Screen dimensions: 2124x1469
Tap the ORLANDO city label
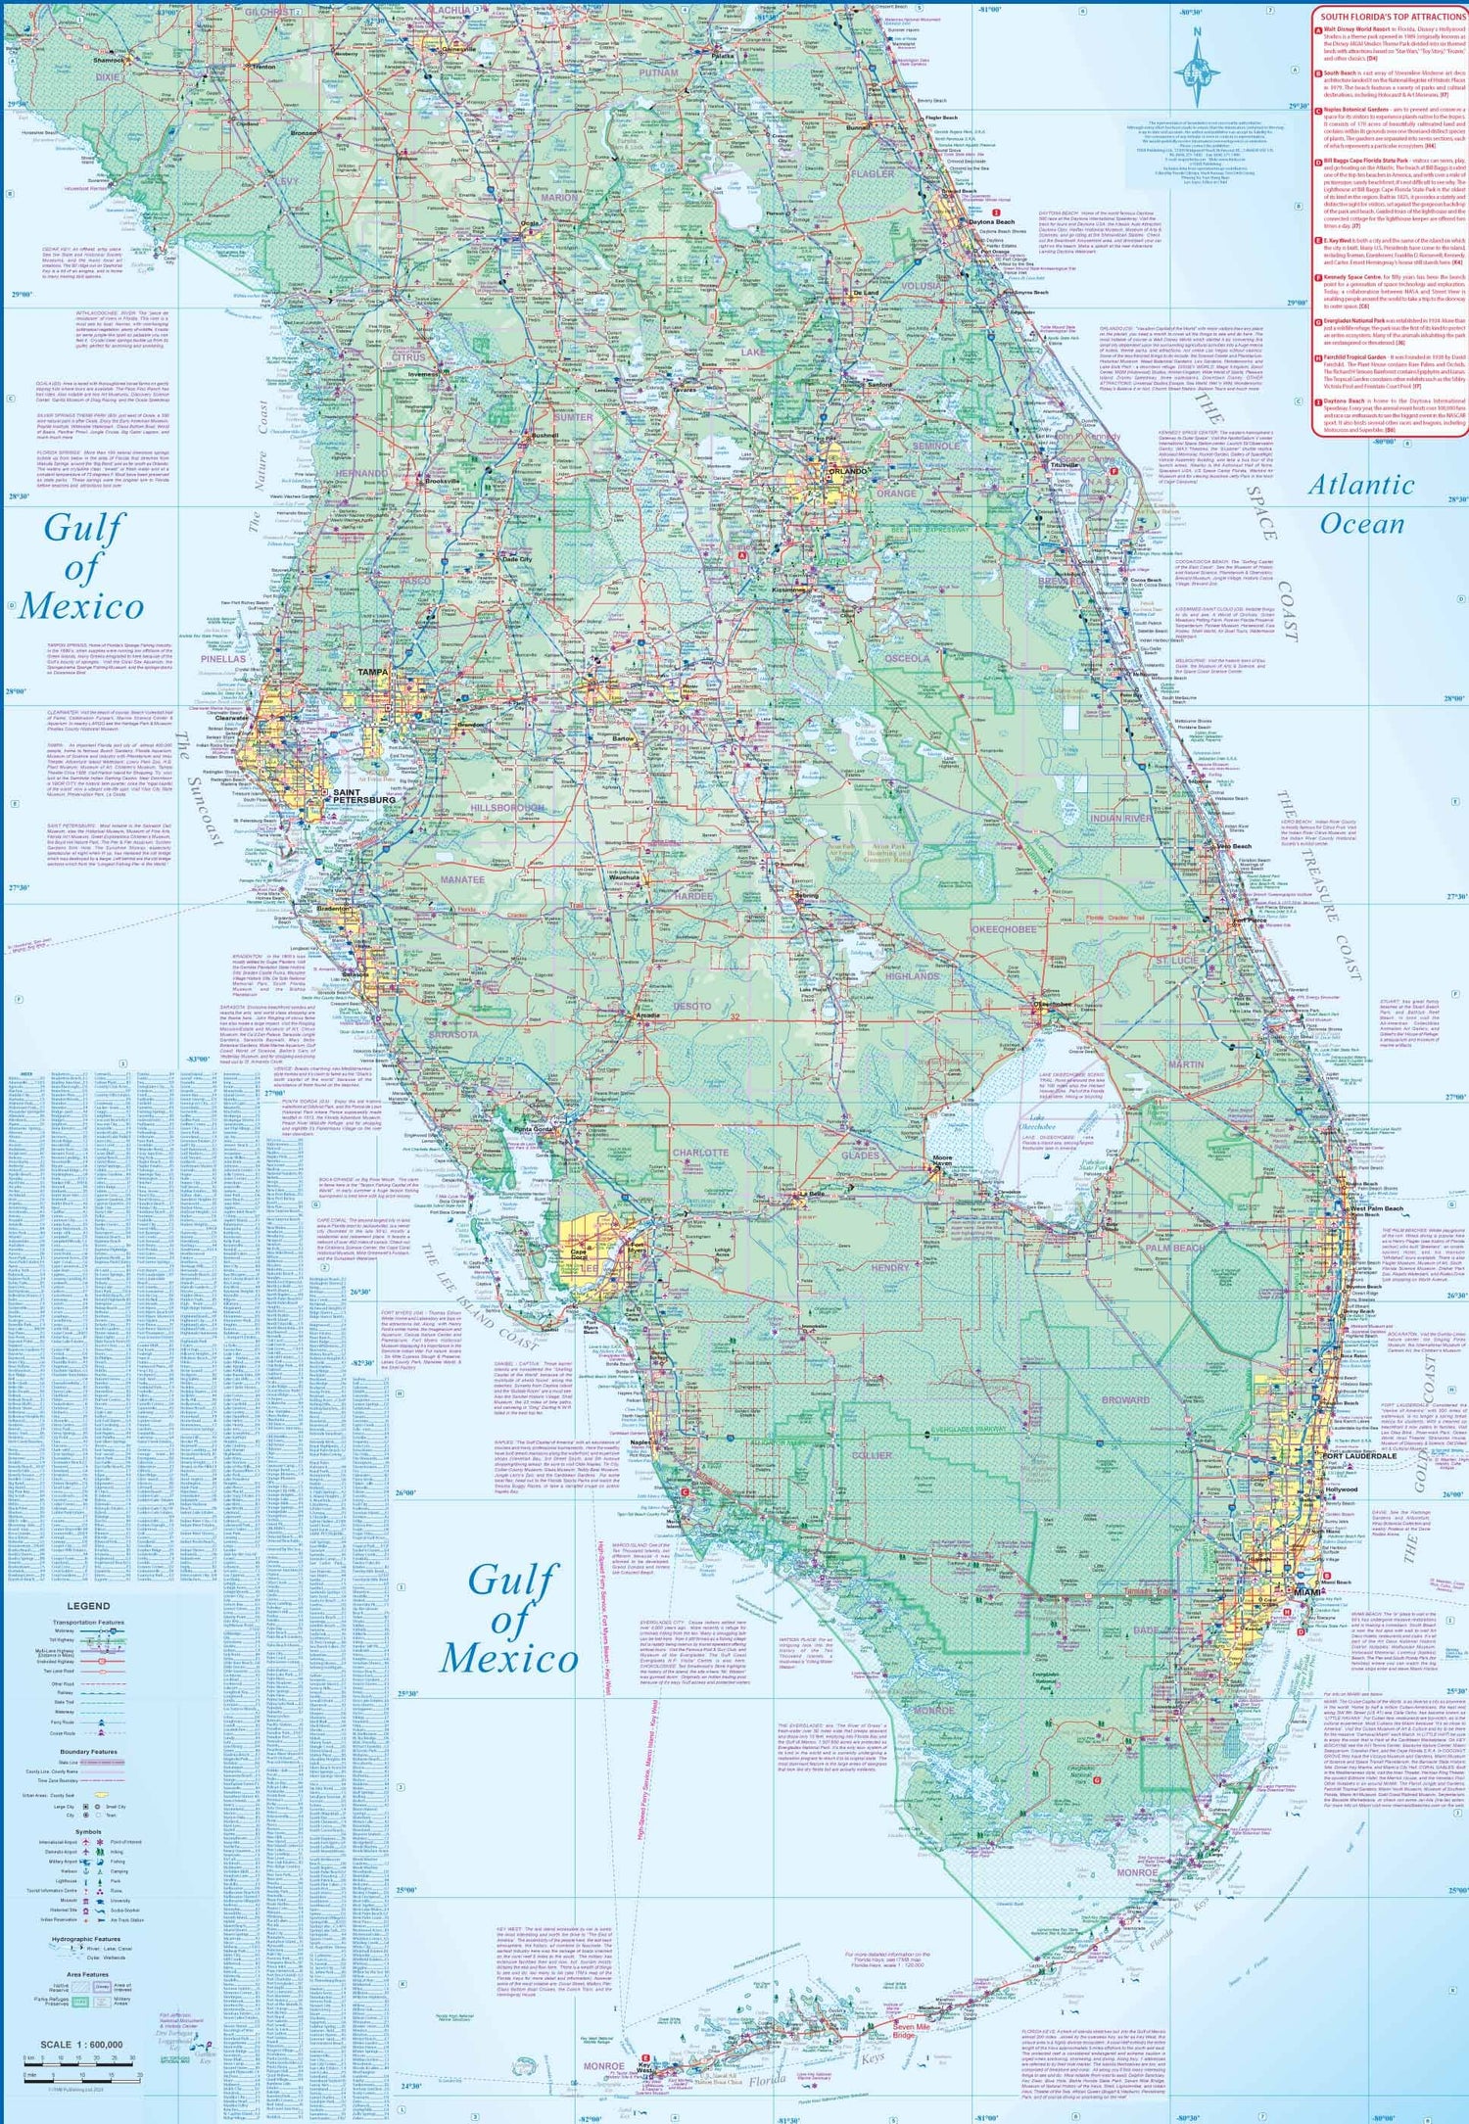click(847, 471)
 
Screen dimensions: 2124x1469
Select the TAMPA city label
click(372, 673)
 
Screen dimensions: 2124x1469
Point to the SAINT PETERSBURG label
click(363, 795)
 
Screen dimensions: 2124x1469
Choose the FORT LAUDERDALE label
click(1359, 1455)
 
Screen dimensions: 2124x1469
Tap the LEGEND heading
click(88, 1606)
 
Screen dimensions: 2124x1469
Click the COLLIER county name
click(872, 1455)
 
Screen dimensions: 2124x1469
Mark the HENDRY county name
click(890, 1267)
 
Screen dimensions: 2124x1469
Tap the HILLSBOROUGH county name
click(507, 808)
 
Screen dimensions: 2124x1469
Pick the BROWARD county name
click(1126, 1400)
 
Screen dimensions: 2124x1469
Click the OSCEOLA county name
click(907, 658)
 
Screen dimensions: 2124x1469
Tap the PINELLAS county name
click(223, 659)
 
